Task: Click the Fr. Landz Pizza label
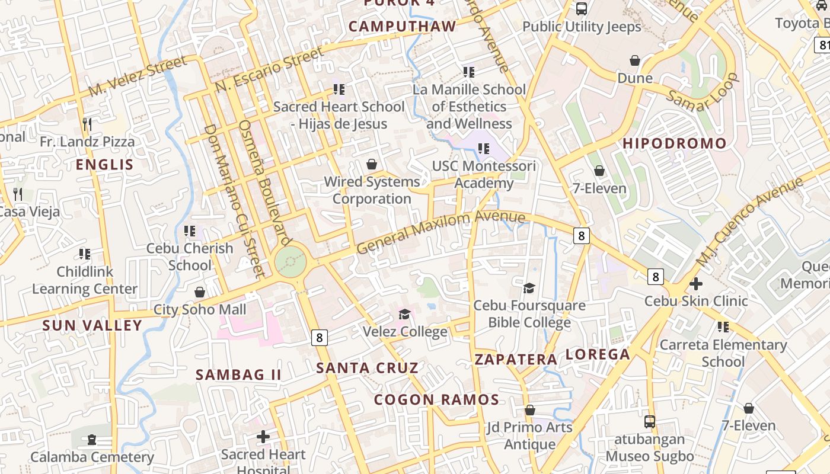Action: coord(87,142)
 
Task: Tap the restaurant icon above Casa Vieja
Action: coord(18,194)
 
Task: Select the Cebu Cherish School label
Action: coord(190,257)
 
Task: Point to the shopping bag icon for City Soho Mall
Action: coord(200,292)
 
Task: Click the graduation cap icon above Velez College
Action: coord(405,313)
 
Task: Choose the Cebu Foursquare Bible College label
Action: coord(529,314)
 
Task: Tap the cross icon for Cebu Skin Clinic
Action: coord(696,284)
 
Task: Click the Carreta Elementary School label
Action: coord(723,353)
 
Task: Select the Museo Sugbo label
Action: coord(650,456)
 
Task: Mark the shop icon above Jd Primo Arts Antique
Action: coord(530,410)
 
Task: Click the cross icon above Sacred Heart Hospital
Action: coord(263,437)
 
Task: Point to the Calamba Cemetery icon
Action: coord(92,440)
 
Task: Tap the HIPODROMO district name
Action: coord(674,143)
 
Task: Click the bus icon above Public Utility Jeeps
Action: coord(582,9)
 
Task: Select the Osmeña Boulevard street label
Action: coord(265,182)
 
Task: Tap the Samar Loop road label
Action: coord(703,92)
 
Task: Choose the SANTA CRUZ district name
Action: coord(367,368)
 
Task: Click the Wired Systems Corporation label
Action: coord(372,190)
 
